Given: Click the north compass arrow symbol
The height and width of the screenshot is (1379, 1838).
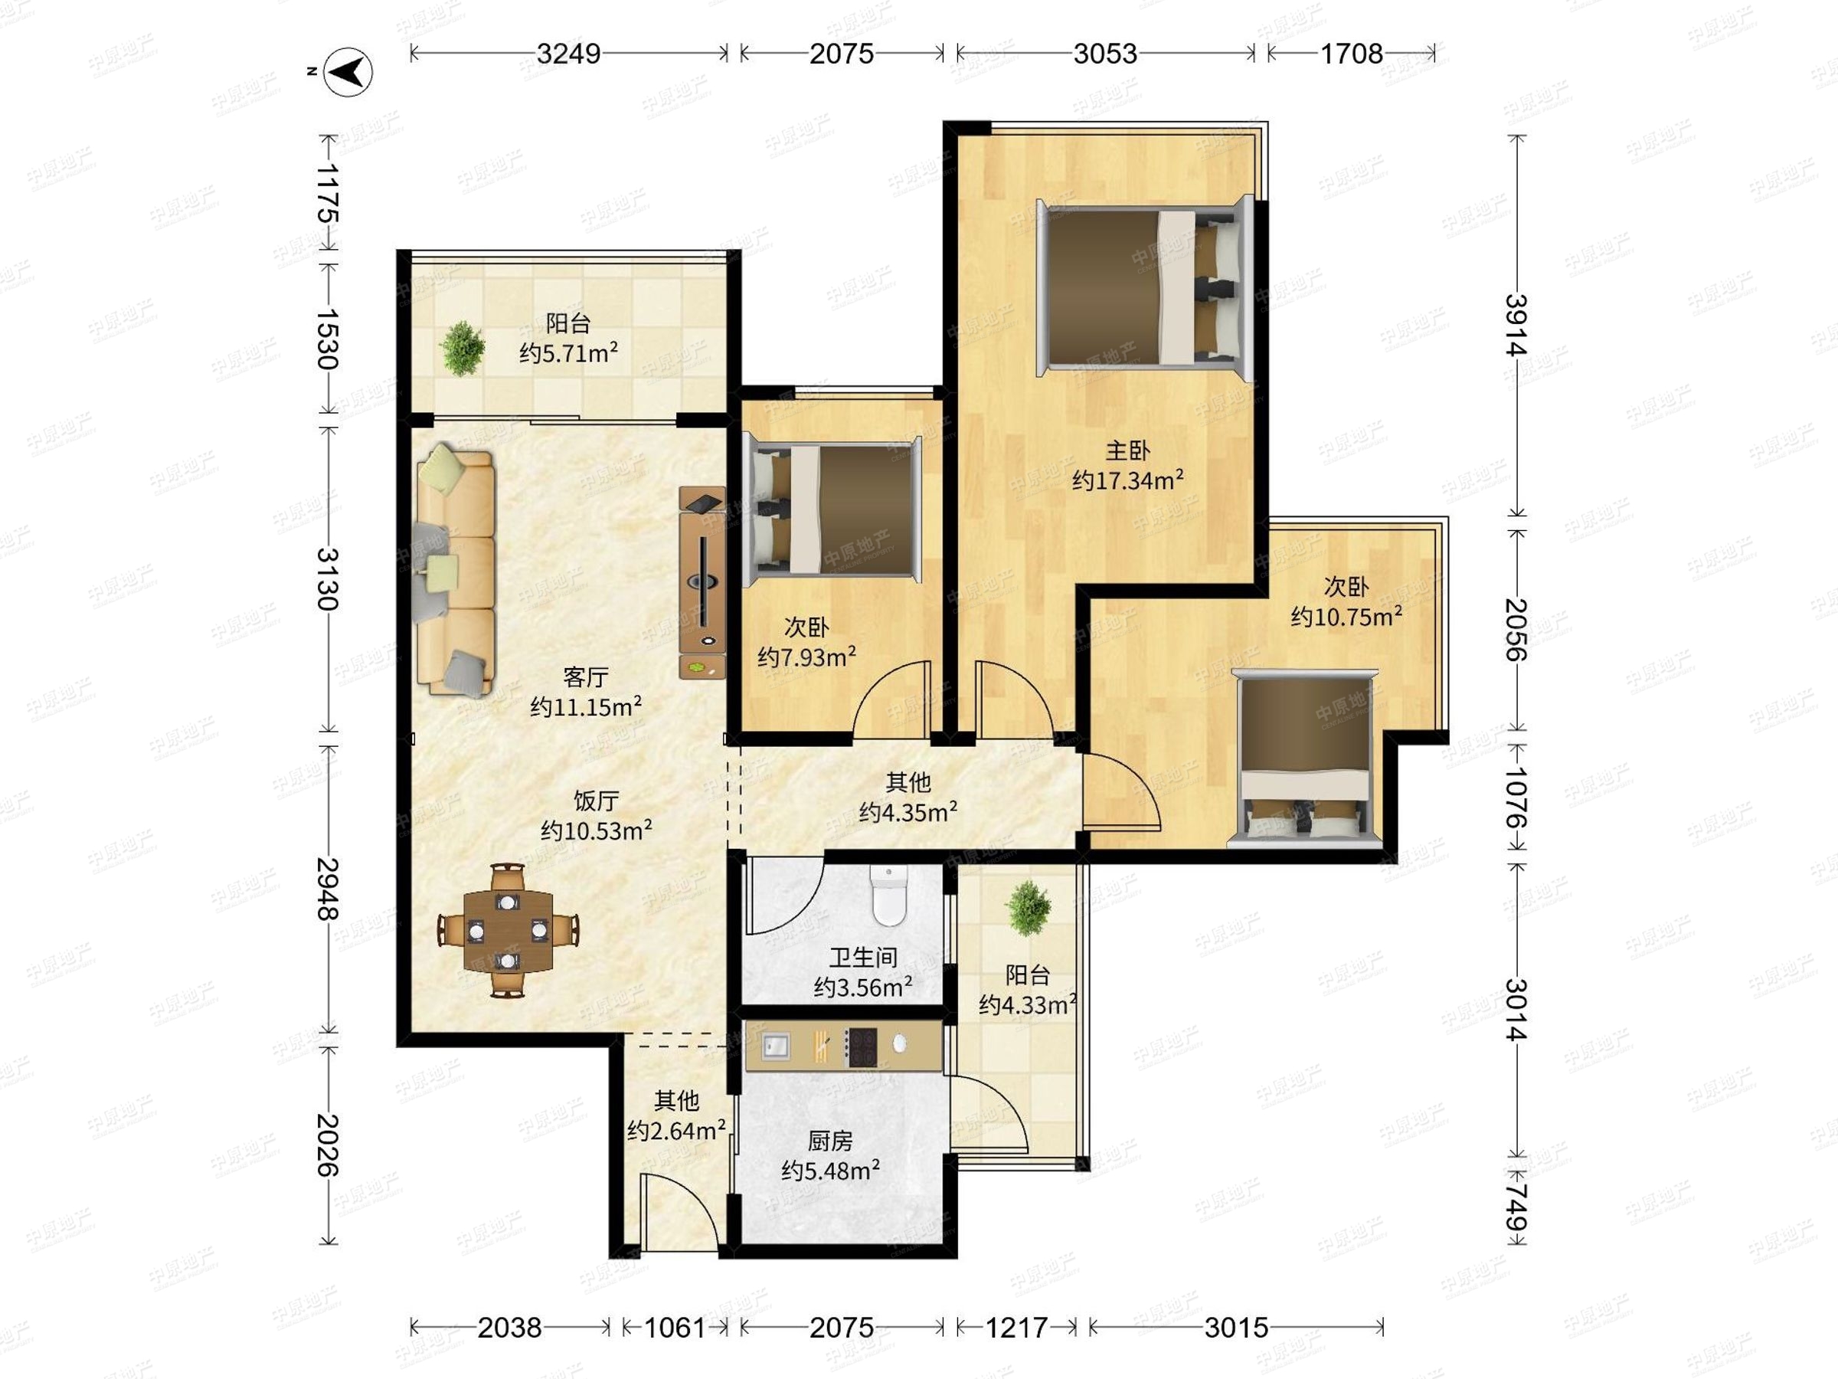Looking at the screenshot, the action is pos(348,72).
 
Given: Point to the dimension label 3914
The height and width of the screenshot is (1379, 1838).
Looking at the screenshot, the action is pos(1517,325).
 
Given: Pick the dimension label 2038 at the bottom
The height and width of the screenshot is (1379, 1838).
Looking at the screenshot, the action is pos(509,1328).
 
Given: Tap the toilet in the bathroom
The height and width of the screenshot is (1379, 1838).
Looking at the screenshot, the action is pos(888,896).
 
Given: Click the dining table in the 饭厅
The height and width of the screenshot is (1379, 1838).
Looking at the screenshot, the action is pos(508,930).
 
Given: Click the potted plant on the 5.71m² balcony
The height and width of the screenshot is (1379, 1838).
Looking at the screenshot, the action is pos(463,348).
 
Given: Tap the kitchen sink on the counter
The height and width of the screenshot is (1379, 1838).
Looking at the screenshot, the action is pos(776,1047).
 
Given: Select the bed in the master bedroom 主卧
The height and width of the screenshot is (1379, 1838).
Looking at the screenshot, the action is pos(1145,287).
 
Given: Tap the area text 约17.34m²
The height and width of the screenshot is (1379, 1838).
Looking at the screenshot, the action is pos(1127,480).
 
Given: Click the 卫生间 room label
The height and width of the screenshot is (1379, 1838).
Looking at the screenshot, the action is pos(863,958).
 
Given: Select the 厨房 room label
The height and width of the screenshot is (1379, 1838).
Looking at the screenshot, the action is pos(830,1141).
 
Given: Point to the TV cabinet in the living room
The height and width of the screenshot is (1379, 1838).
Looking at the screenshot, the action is pos(702,581).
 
